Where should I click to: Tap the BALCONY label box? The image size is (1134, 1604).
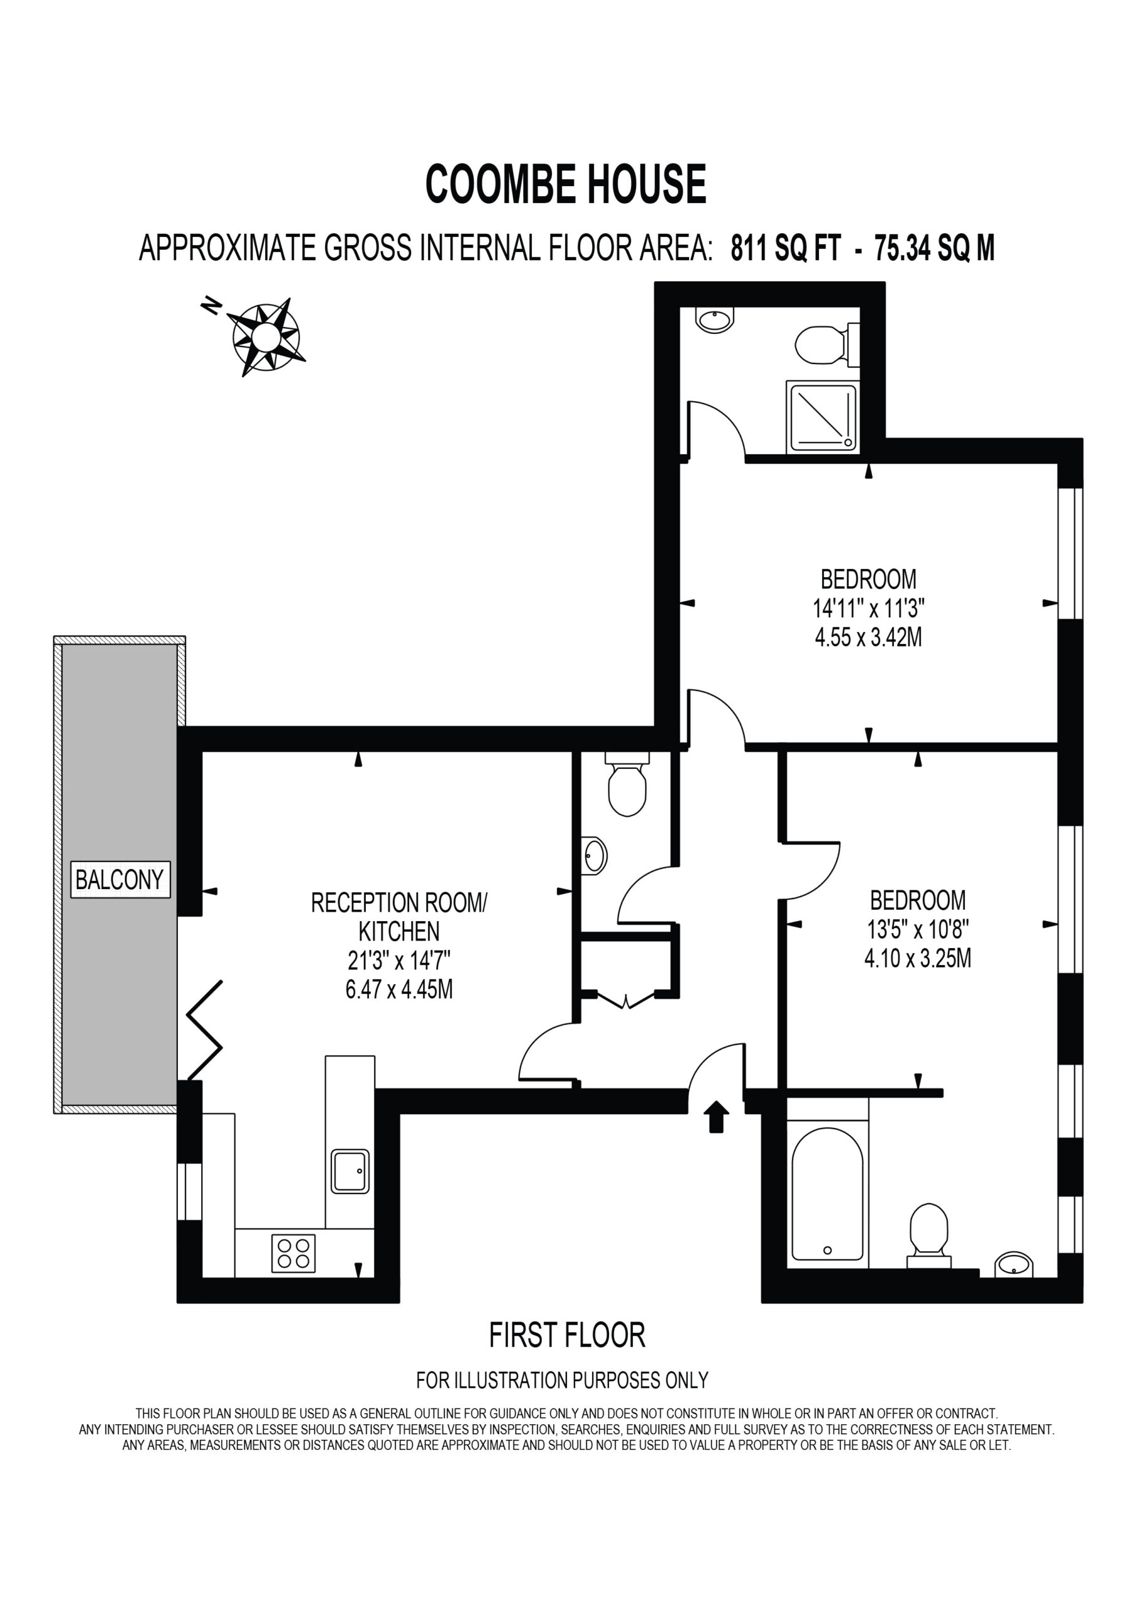pos(121,879)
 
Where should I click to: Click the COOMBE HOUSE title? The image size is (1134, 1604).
pos(566,184)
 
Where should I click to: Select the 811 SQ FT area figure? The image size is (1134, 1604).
pos(786,248)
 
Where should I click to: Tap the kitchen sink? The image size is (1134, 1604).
pos(350,1172)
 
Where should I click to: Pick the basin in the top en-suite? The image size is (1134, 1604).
pos(714,320)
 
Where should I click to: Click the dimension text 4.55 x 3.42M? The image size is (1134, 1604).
pos(868,638)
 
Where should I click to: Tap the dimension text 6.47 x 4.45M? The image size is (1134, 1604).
pos(399,989)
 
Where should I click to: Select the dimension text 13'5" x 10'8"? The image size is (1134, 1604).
pos(917,929)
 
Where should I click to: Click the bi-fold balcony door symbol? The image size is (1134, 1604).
pos(204,1031)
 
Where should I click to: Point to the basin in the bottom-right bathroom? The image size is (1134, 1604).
pos(1014,1265)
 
